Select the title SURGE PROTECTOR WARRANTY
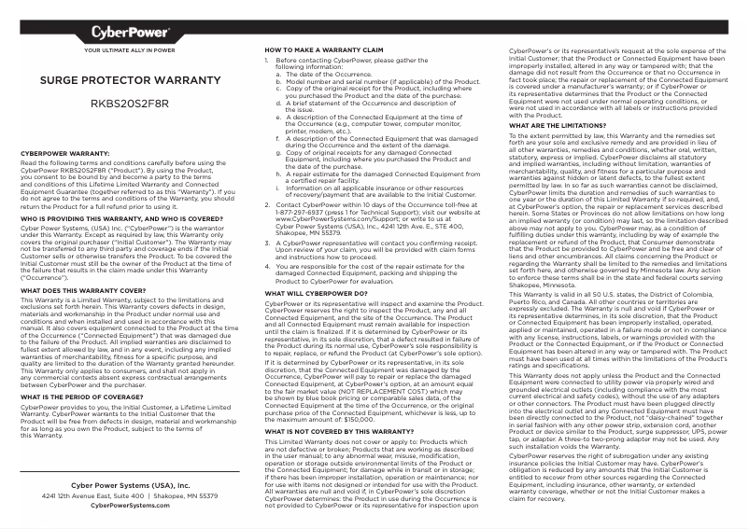click(130, 81)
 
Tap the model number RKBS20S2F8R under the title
click(130, 104)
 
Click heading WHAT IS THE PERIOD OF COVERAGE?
click(81, 397)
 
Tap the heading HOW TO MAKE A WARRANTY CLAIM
click(324, 49)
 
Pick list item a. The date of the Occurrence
click(322, 75)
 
